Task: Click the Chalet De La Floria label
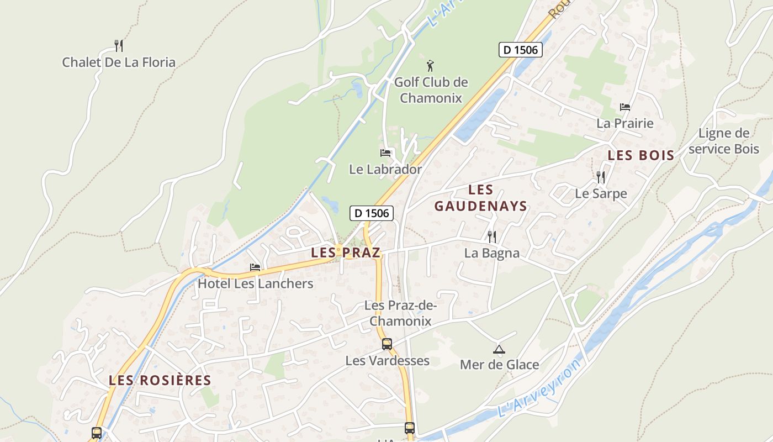pyautogui.click(x=119, y=62)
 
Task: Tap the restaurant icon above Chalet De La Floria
pyautogui.click(x=118, y=45)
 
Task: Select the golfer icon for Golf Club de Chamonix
pyautogui.click(x=430, y=66)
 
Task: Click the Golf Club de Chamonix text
pyautogui.click(x=431, y=90)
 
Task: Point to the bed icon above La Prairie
pyautogui.click(x=625, y=107)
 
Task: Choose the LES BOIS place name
pyautogui.click(x=641, y=156)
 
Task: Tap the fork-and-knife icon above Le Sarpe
pyautogui.click(x=601, y=177)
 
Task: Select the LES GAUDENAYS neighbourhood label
pyautogui.click(x=480, y=198)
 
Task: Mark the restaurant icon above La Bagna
pyautogui.click(x=491, y=236)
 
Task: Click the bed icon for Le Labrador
pyautogui.click(x=385, y=152)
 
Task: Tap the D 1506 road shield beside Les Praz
pyautogui.click(x=372, y=213)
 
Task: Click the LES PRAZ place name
pyautogui.click(x=346, y=253)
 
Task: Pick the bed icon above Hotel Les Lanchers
pyautogui.click(x=255, y=267)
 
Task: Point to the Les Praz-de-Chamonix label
pyautogui.click(x=400, y=313)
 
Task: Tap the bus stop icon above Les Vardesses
pyautogui.click(x=387, y=344)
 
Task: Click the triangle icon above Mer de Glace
pyautogui.click(x=499, y=349)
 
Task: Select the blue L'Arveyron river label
pyautogui.click(x=539, y=388)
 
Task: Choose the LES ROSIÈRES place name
pyautogui.click(x=160, y=380)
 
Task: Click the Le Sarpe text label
pyautogui.click(x=601, y=194)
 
